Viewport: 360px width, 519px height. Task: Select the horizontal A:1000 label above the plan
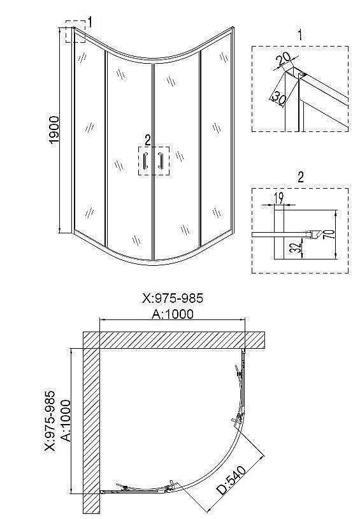pos(172,314)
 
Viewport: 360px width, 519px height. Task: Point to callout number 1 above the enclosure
pos(90,22)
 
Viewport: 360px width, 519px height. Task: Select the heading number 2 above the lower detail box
pos(299,176)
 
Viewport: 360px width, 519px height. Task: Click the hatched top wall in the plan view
pos(172,340)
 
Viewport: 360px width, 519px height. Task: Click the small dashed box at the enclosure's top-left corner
pos(75,32)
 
